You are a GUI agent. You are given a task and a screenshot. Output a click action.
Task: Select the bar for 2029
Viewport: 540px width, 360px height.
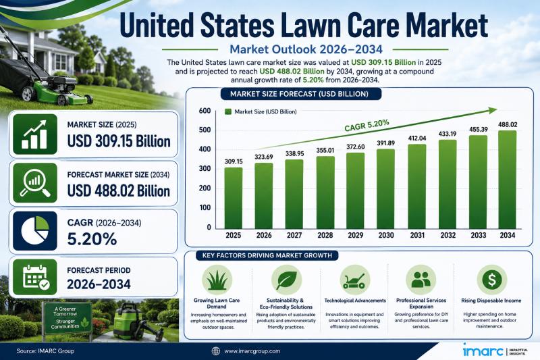point(356,190)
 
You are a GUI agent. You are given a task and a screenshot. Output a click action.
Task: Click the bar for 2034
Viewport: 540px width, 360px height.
point(508,180)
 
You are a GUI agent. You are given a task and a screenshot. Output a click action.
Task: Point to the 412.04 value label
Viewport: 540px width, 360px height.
point(417,138)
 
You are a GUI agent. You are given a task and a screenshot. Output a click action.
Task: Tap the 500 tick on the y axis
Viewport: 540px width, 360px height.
point(205,130)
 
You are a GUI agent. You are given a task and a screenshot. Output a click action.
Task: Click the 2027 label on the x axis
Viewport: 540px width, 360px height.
point(294,235)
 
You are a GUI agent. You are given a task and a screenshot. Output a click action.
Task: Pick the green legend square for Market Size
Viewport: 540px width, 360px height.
point(227,111)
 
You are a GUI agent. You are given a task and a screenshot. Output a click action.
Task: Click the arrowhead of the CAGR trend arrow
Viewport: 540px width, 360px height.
point(493,110)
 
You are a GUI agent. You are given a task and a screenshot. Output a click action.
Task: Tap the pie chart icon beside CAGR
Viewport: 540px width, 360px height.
point(35,231)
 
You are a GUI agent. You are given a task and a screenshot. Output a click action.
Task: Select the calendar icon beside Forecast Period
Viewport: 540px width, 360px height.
point(36,278)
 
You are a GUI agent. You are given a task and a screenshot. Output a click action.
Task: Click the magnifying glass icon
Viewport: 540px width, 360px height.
point(35,183)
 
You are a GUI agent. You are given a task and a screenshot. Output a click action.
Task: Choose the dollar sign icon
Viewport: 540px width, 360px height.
point(491,280)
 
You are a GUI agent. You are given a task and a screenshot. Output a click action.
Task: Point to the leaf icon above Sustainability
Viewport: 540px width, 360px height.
point(286,280)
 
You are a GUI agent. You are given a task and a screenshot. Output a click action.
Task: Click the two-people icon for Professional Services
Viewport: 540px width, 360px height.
point(421,280)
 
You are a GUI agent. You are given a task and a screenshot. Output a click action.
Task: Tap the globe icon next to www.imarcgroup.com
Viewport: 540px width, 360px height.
point(215,351)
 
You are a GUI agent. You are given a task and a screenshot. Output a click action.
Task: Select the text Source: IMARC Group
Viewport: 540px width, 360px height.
point(45,351)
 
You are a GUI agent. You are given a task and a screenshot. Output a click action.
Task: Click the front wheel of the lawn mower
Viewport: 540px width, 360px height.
point(62,99)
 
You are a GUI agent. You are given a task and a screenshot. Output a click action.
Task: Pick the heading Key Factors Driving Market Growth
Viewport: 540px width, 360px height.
point(267,255)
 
